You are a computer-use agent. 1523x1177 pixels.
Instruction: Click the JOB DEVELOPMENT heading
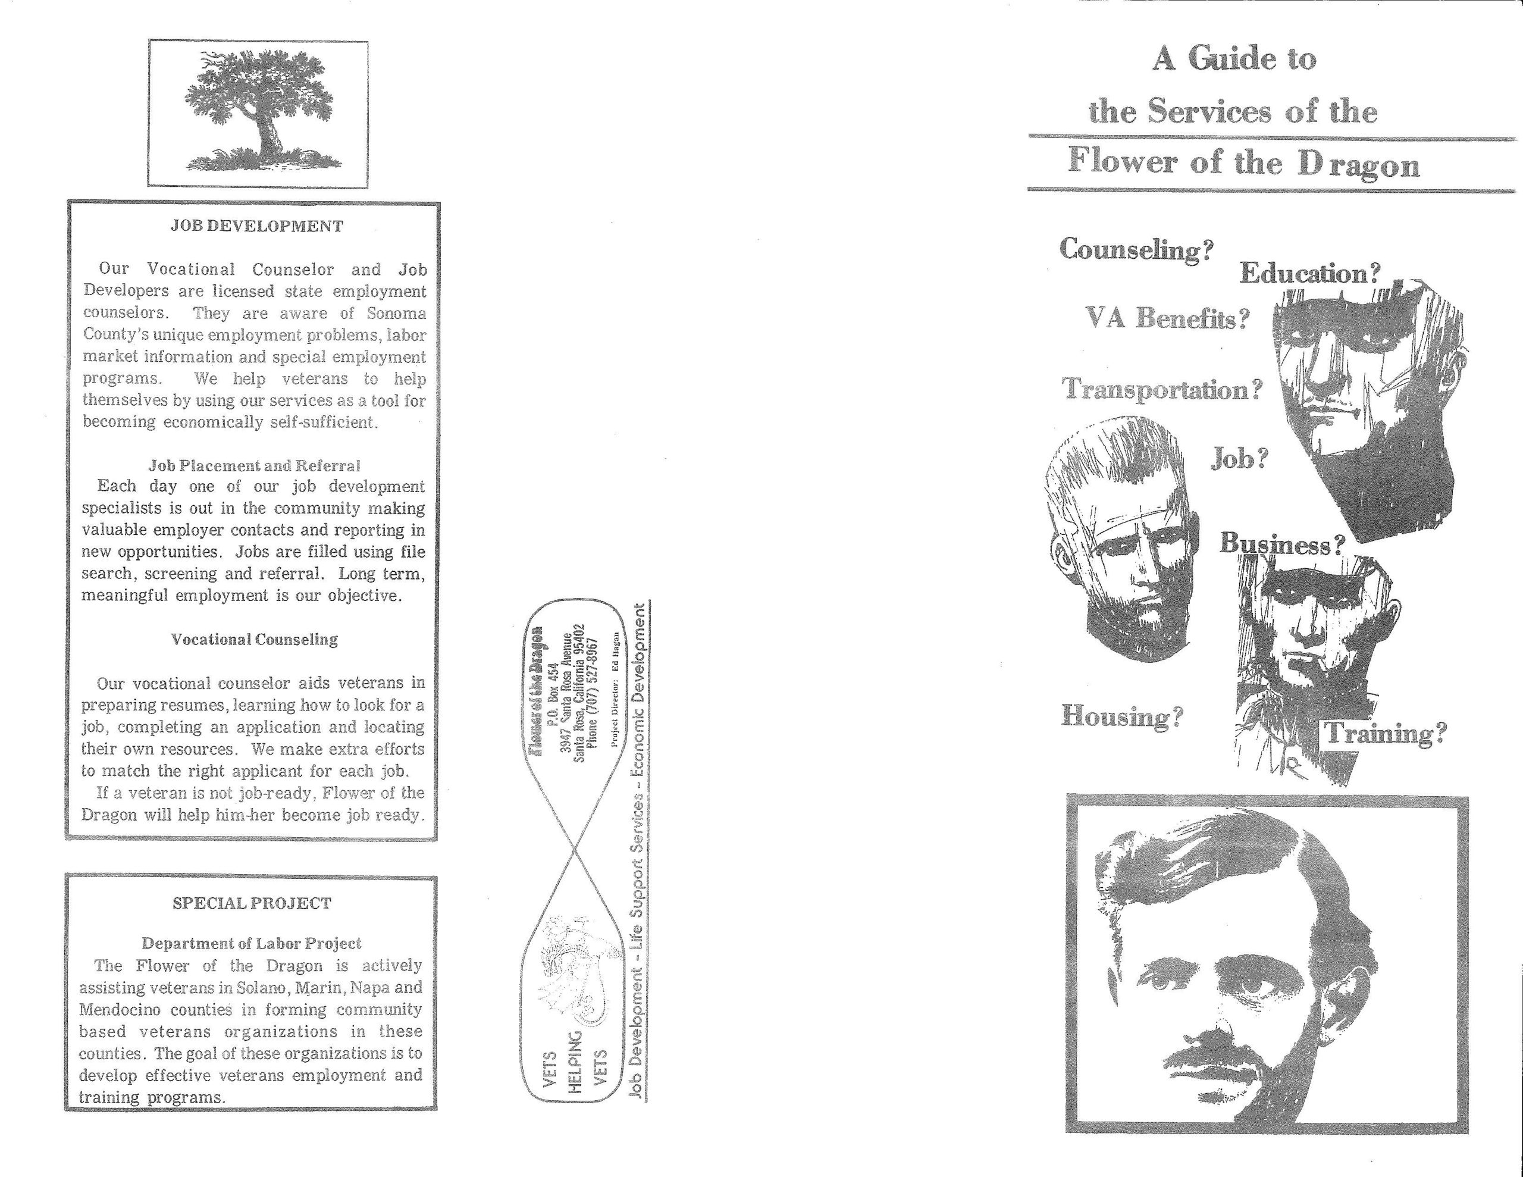[x=256, y=226]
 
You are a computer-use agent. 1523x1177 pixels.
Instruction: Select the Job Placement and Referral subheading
[x=254, y=465]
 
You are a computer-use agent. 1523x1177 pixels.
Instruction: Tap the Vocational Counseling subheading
[x=255, y=639]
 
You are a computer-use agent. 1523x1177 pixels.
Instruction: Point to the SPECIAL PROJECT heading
[x=252, y=903]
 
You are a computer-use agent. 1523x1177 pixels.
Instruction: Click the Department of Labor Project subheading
[x=252, y=943]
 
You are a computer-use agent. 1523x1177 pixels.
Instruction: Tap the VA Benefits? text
[x=1167, y=318]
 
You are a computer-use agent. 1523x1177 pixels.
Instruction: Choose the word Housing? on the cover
[x=1122, y=716]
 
